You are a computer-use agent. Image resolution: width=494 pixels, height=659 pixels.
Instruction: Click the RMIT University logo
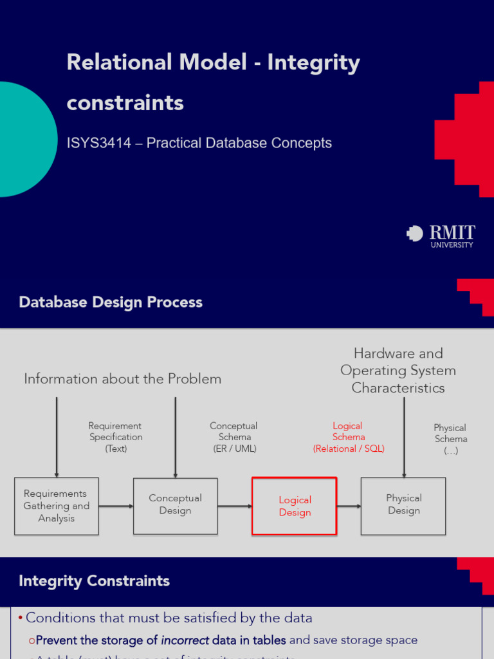(441, 236)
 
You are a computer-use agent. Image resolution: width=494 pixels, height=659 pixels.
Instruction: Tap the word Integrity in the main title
(313, 62)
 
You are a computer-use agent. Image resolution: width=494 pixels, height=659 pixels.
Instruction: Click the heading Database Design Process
(111, 302)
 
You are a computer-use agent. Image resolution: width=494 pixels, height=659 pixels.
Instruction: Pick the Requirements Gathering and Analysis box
(57, 506)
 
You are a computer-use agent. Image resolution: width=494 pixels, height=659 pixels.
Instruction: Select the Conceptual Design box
(175, 505)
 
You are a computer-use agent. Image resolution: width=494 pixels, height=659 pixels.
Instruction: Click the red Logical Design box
(295, 506)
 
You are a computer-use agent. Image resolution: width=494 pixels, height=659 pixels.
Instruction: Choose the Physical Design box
(403, 505)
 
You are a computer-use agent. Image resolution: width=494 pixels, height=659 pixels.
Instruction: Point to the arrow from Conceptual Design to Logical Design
(234, 506)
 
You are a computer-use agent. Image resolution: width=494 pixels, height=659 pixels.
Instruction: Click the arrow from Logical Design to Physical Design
(349, 506)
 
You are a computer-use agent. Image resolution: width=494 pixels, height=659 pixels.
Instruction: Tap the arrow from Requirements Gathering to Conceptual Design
(116, 506)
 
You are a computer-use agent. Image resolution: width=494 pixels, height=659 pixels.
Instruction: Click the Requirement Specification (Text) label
(115, 437)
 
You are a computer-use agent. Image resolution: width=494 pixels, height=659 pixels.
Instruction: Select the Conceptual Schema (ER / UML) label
(234, 437)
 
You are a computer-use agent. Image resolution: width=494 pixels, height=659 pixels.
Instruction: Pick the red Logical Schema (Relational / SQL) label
(348, 437)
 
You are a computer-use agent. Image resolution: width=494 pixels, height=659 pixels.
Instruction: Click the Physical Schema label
(450, 439)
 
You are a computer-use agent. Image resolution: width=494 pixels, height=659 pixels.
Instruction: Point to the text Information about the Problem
(122, 379)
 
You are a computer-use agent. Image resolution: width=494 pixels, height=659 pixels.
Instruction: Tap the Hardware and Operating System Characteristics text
(398, 371)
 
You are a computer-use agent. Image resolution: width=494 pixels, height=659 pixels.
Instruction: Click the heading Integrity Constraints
(94, 581)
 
